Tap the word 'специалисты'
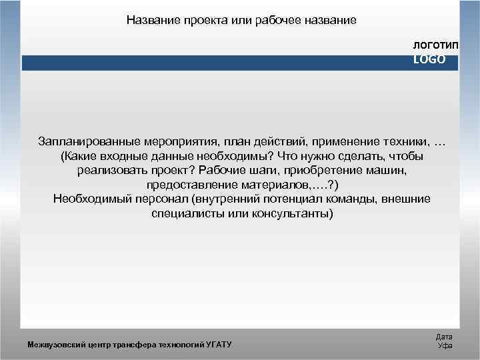(183, 213)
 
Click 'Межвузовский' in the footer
(53, 344)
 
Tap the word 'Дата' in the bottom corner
(444, 337)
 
